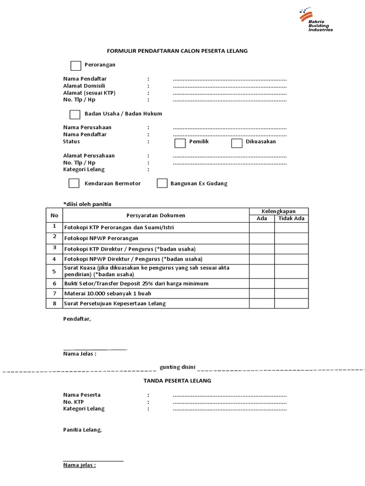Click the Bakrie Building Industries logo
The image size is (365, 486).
pos(316,20)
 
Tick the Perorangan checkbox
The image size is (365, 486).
pos(76,65)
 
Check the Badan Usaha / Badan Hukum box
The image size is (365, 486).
pos(75,114)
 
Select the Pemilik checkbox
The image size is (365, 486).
pos(180,143)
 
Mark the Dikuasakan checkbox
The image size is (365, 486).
pos(237,143)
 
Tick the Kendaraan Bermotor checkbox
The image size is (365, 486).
pos(74,183)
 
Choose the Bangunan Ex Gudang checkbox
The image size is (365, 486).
pos(162,183)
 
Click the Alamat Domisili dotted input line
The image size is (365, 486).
pos(230,86)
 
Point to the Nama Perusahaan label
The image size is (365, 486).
pos(87,128)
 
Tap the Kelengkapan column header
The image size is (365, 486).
pos(279,211)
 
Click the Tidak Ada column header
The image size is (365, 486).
pos(291,219)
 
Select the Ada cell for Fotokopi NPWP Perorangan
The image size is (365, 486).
pos(262,238)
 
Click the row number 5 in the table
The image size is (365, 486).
pos(54,271)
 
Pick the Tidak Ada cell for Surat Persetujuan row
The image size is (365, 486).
pos(291,303)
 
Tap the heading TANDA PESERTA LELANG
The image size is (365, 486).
pos(177,381)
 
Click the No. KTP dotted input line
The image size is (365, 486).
pos(230,402)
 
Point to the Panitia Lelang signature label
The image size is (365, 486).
pos(82,430)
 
